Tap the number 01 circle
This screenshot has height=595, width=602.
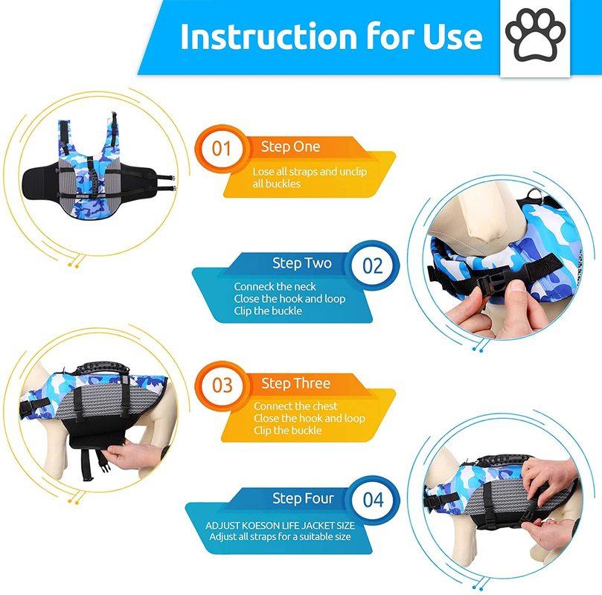pos(222,147)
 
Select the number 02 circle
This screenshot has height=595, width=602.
pos(372,266)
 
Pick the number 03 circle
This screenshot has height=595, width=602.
pos(222,385)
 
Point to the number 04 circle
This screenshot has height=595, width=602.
pos(372,500)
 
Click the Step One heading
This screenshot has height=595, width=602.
pos(290,147)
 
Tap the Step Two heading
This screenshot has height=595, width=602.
pos(301,263)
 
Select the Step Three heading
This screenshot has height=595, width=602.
pos(295,383)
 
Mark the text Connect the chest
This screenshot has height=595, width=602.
pos(295,406)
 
